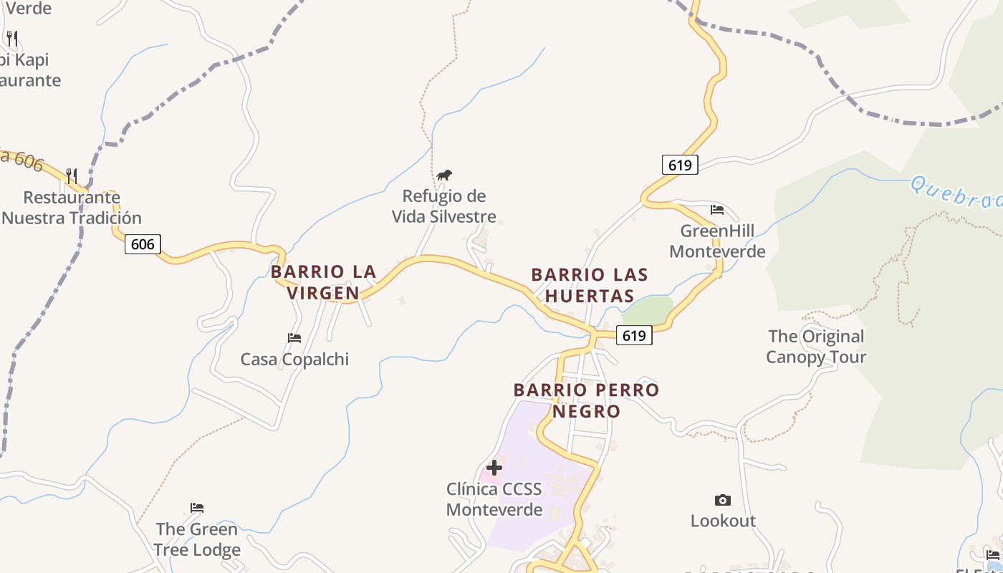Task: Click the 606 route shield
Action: click(x=143, y=244)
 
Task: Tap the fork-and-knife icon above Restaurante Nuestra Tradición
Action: click(x=72, y=175)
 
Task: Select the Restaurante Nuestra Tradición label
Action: click(x=72, y=208)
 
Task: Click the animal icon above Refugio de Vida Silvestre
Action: click(x=444, y=175)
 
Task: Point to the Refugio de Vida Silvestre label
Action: click(x=443, y=206)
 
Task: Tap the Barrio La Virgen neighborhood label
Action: click(x=324, y=282)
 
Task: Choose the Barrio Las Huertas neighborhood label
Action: click(x=590, y=285)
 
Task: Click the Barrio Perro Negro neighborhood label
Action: click(x=586, y=400)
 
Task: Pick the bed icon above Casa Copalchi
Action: click(x=294, y=338)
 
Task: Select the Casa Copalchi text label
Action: click(x=294, y=360)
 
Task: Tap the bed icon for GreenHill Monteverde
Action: click(x=717, y=210)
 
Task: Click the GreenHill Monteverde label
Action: click(x=717, y=241)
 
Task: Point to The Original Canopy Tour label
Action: click(x=816, y=347)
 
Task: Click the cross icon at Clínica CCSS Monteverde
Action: click(x=494, y=468)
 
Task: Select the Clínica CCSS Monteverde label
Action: click(x=494, y=499)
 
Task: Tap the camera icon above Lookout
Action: click(x=723, y=500)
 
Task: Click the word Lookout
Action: click(x=723, y=521)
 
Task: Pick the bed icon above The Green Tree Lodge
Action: click(x=197, y=508)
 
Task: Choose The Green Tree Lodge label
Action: click(x=197, y=539)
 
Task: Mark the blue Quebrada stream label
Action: click(x=956, y=194)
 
